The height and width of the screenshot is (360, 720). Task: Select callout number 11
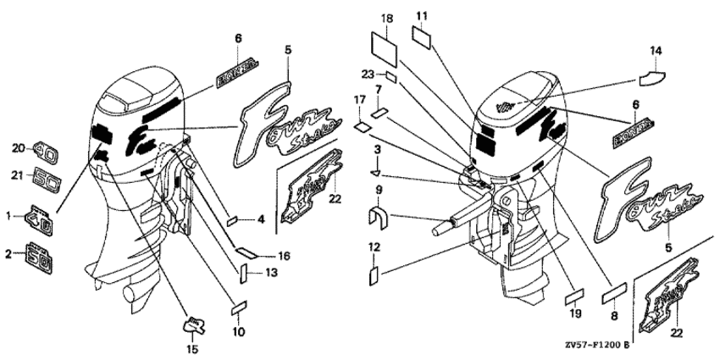[422, 16]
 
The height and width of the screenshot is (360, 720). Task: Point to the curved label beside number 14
[650, 80]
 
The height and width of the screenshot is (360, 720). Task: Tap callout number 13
[270, 272]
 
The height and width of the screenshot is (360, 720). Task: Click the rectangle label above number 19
[575, 296]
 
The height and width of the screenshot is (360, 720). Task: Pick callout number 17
[358, 100]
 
